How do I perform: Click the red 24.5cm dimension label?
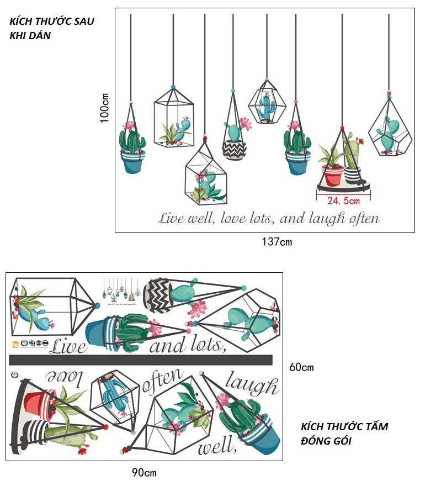click(343, 201)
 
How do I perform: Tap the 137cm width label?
click(277, 241)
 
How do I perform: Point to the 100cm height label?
click(105, 108)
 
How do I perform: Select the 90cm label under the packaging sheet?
click(144, 472)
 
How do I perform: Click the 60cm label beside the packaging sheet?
click(301, 367)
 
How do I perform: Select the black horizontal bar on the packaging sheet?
click(141, 360)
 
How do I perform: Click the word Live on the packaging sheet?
click(68, 346)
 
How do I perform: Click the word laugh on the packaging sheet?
click(251, 385)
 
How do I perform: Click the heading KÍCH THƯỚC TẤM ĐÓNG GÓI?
click(344, 434)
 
